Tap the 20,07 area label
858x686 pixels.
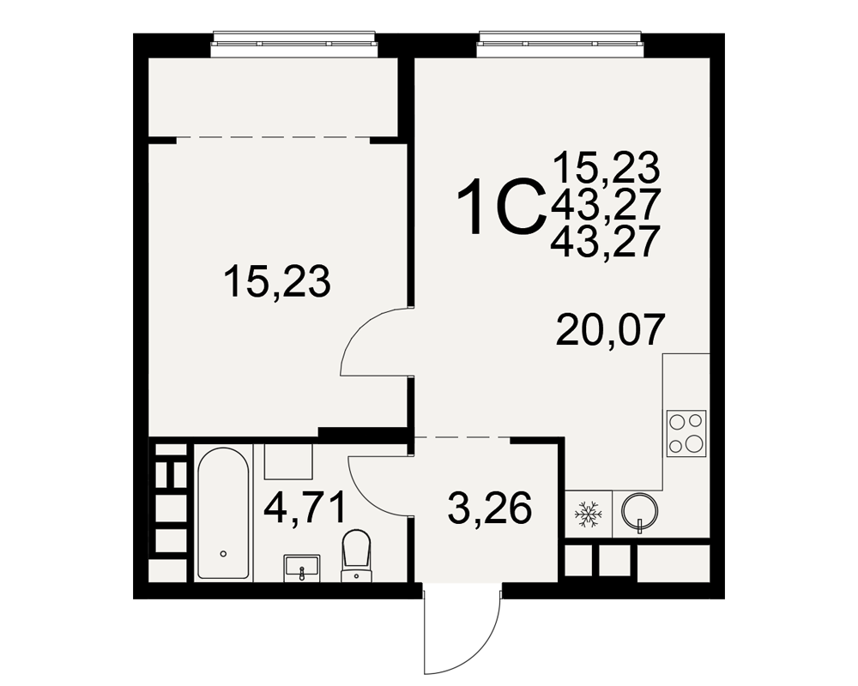[x=610, y=330]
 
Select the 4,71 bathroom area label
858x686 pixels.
[x=305, y=507]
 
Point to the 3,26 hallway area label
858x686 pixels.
[x=489, y=507]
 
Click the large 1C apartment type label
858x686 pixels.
[x=502, y=208]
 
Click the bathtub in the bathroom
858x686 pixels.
[x=223, y=513]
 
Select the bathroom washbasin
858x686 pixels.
[x=301, y=569]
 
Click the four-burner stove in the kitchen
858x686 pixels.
[x=686, y=433]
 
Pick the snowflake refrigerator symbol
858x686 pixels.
[x=588, y=514]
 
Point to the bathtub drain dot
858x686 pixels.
[x=223, y=554]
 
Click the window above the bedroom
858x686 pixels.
[x=294, y=44]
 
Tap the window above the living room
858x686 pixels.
[x=559, y=44]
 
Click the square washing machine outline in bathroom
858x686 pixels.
[x=288, y=461]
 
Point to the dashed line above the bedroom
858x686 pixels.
[x=273, y=137]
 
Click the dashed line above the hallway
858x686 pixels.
[x=462, y=437]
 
